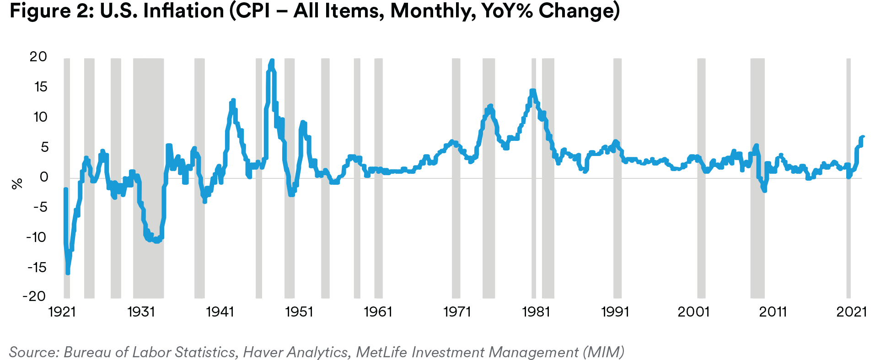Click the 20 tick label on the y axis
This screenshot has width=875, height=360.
pyautogui.click(x=38, y=57)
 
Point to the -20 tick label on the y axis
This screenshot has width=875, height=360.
pyautogui.click(x=35, y=296)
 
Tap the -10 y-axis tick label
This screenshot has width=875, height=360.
pyautogui.click(x=36, y=237)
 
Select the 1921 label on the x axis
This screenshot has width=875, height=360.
pyautogui.click(x=62, y=312)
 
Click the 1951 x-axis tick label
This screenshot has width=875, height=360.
pyautogui.click(x=299, y=312)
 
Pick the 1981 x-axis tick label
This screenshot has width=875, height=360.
pyautogui.click(x=536, y=312)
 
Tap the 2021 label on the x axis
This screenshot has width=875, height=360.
pyautogui.click(x=852, y=312)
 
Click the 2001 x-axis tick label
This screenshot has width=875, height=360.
pyautogui.click(x=693, y=312)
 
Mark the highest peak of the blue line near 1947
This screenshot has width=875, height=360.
pyautogui.click(x=272, y=61)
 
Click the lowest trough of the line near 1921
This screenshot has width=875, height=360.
pyautogui.click(x=68, y=273)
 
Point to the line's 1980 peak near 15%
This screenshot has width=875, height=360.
pyautogui.click(x=532, y=91)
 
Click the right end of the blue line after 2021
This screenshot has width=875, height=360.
pyautogui.click(x=863, y=137)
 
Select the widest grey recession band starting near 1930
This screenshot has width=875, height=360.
pyautogui.click(x=148, y=178)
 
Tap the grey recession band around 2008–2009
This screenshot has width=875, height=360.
pyautogui.click(x=757, y=178)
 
